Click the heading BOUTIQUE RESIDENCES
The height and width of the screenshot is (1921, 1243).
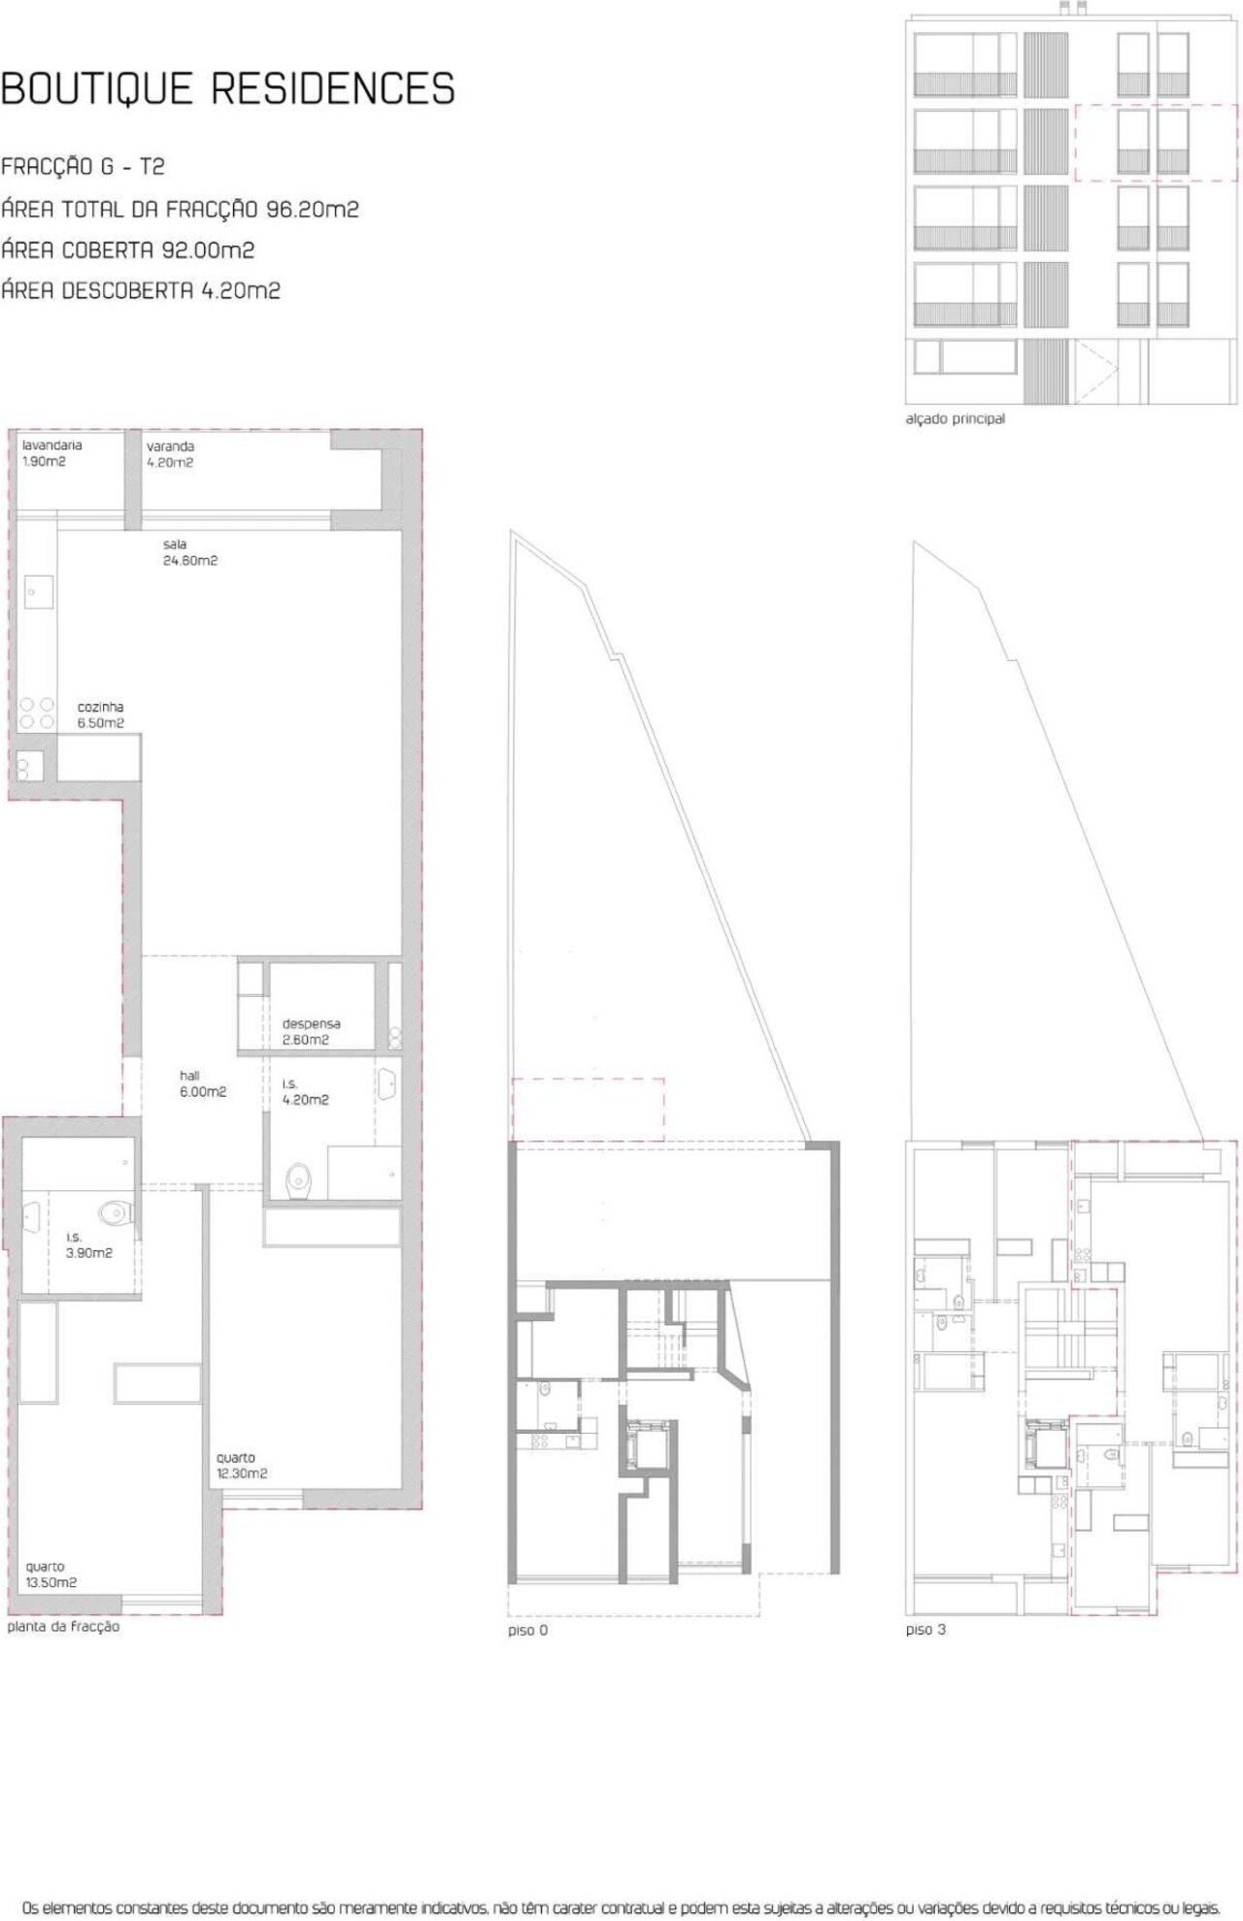click(x=228, y=88)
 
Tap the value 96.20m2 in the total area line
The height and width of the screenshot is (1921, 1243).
click(x=313, y=209)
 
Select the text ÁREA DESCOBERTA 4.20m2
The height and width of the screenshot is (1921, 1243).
click(x=141, y=290)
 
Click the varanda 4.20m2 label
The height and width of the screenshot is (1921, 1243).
click(x=170, y=454)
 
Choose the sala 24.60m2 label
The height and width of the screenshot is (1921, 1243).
click(x=190, y=552)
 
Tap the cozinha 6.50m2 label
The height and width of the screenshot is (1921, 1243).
click(x=101, y=715)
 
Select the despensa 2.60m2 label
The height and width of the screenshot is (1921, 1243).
click(x=311, y=1032)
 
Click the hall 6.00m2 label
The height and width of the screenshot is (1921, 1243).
click(x=203, y=1083)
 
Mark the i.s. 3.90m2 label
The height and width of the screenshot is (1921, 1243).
click(x=89, y=1245)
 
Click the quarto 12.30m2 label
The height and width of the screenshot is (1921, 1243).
click(x=242, y=1466)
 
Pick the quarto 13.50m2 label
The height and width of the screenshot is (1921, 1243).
click(x=51, y=1574)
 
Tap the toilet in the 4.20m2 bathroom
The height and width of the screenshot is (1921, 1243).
click(x=299, y=1179)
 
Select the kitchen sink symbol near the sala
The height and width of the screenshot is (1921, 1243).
click(x=38, y=591)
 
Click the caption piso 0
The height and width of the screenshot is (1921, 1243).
click(x=527, y=1631)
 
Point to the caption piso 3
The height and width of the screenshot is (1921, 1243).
click(x=925, y=1630)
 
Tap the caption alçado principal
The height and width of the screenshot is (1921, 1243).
click(x=956, y=419)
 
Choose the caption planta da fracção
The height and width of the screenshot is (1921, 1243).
click(x=63, y=1626)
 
